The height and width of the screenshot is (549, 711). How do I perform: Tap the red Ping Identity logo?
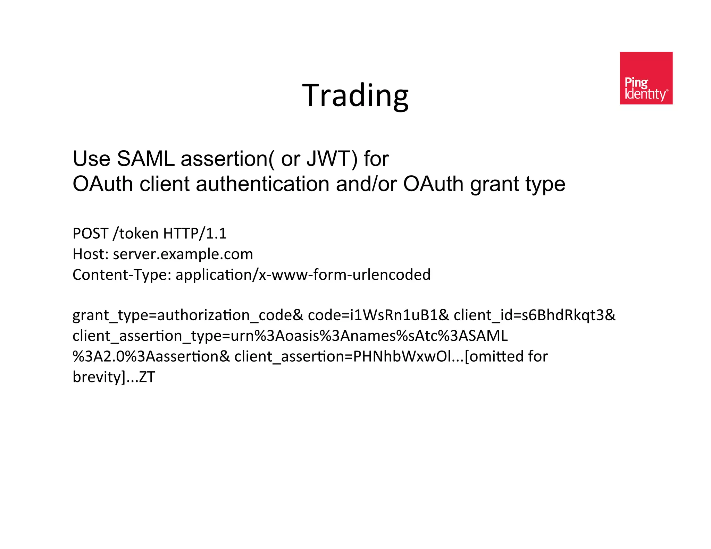tap(646, 78)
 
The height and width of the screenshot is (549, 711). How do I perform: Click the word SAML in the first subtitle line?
tap(145, 159)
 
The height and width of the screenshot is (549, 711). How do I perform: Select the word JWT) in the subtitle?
tap(332, 159)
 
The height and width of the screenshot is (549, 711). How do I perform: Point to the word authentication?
tap(262, 184)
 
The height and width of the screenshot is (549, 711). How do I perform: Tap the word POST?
tap(90, 234)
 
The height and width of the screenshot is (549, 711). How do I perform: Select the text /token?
tap(136, 234)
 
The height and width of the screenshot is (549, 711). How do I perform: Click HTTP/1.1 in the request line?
tap(194, 234)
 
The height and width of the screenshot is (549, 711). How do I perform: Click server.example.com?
tap(183, 254)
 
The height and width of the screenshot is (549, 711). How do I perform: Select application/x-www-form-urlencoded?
tap(303, 275)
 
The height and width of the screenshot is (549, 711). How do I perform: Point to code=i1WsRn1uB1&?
tap(378, 315)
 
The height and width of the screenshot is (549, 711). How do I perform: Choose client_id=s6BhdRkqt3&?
tap(534, 315)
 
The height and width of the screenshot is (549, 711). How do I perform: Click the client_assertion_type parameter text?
tap(290, 336)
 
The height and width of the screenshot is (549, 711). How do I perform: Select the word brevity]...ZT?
tap(114, 377)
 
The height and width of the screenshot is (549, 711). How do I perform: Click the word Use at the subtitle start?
tap(91, 159)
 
